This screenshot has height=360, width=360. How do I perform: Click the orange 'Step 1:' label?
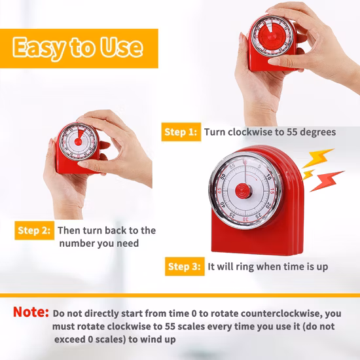181,132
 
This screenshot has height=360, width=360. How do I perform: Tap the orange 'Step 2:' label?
35,230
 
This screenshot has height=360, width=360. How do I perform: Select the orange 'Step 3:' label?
185,266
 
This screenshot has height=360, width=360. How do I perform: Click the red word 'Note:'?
31,312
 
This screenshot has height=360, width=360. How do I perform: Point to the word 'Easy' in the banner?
39,48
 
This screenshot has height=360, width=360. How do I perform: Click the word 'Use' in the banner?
122,47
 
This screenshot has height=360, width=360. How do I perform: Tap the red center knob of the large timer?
243,191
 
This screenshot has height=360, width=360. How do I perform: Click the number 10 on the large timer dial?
268,177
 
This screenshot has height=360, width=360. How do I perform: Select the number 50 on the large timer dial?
223,177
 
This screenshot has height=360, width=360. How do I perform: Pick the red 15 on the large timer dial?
272,191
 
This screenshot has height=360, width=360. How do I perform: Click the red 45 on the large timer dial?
219,191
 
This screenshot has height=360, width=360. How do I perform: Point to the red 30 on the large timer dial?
245,219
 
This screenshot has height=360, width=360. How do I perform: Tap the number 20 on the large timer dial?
268,206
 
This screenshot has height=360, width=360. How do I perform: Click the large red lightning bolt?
327,181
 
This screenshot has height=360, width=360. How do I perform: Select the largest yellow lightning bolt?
318,158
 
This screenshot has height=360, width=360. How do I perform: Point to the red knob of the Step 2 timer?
78,141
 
